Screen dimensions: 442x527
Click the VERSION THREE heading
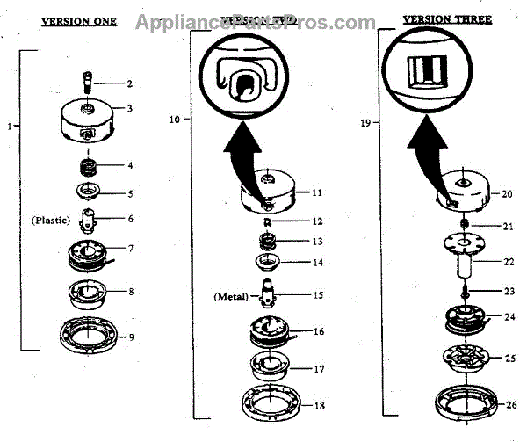pyautogui.click(x=448, y=18)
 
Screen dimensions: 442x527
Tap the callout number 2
pyautogui.click(x=129, y=83)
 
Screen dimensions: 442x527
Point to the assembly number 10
pyautogui.click(x=175, y=117)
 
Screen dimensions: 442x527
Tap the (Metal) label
pyautogui.click(x=230, y=296)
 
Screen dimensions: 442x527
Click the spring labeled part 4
pyautogui.click(x=89, y=163)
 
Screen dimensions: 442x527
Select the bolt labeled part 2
pyautogui.click(x=89, y=83)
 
